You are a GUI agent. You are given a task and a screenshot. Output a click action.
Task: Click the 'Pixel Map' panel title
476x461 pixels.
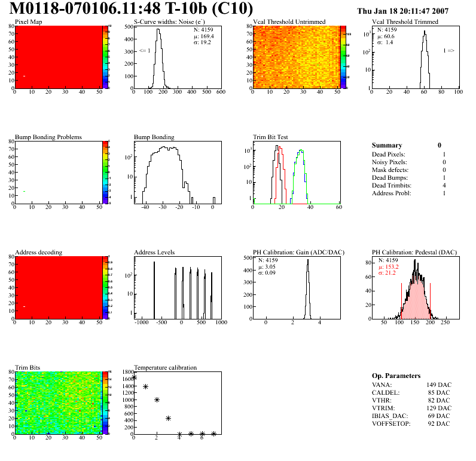pos(28,22)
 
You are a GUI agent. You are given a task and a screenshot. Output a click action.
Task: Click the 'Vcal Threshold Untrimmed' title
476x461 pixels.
pos(289,22)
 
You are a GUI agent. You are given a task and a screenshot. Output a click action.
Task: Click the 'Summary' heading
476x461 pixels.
pos(387,145)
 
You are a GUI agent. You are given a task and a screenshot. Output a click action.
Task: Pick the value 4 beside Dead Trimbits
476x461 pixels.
pos(443,186)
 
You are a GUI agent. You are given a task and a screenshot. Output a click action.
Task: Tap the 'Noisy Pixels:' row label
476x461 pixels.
pos(389,162)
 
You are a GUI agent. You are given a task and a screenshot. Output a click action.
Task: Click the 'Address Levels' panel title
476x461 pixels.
pos(154,252)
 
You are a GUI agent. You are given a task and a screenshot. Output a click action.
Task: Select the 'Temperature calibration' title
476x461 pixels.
pos(165,367)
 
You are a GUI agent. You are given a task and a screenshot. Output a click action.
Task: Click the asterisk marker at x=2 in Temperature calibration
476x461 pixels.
pos(157,400)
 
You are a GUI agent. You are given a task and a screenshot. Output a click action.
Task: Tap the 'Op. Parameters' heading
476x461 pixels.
pos(396,376)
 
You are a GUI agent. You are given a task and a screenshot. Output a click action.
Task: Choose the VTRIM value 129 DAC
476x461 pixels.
pos(438,408)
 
